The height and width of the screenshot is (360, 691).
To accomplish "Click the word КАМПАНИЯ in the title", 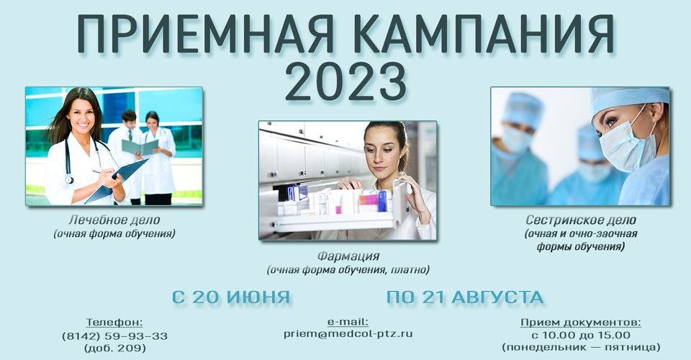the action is (484, 35).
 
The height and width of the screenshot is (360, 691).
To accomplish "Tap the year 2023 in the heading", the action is (345, 82).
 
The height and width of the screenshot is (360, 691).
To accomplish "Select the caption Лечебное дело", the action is (114, 220).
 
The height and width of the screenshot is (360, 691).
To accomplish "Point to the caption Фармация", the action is (348, 256).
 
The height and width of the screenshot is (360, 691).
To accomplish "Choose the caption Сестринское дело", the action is (581, 220).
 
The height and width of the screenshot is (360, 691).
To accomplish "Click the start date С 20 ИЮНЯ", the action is (231, 297).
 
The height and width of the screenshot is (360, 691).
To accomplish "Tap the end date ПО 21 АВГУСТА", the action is (465, 297).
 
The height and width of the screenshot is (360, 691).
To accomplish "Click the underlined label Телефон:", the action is (114, 322).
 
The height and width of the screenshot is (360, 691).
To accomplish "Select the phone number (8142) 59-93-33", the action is (114, 336).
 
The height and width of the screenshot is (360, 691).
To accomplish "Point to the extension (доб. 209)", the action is (114, 348).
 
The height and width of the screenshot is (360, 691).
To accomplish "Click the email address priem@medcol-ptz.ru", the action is (348, 333).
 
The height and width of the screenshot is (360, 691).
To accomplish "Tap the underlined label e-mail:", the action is (348, 321).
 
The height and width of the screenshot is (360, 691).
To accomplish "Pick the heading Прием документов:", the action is (581, 322).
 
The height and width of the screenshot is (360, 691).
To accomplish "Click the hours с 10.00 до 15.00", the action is (581, 335).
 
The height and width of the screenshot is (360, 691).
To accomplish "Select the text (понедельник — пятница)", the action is (581, 347).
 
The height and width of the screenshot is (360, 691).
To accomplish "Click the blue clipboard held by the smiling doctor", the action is (117, 181).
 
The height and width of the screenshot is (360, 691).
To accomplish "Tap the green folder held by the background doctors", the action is (140, 147).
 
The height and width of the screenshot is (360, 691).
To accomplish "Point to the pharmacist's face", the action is (384, 150).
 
